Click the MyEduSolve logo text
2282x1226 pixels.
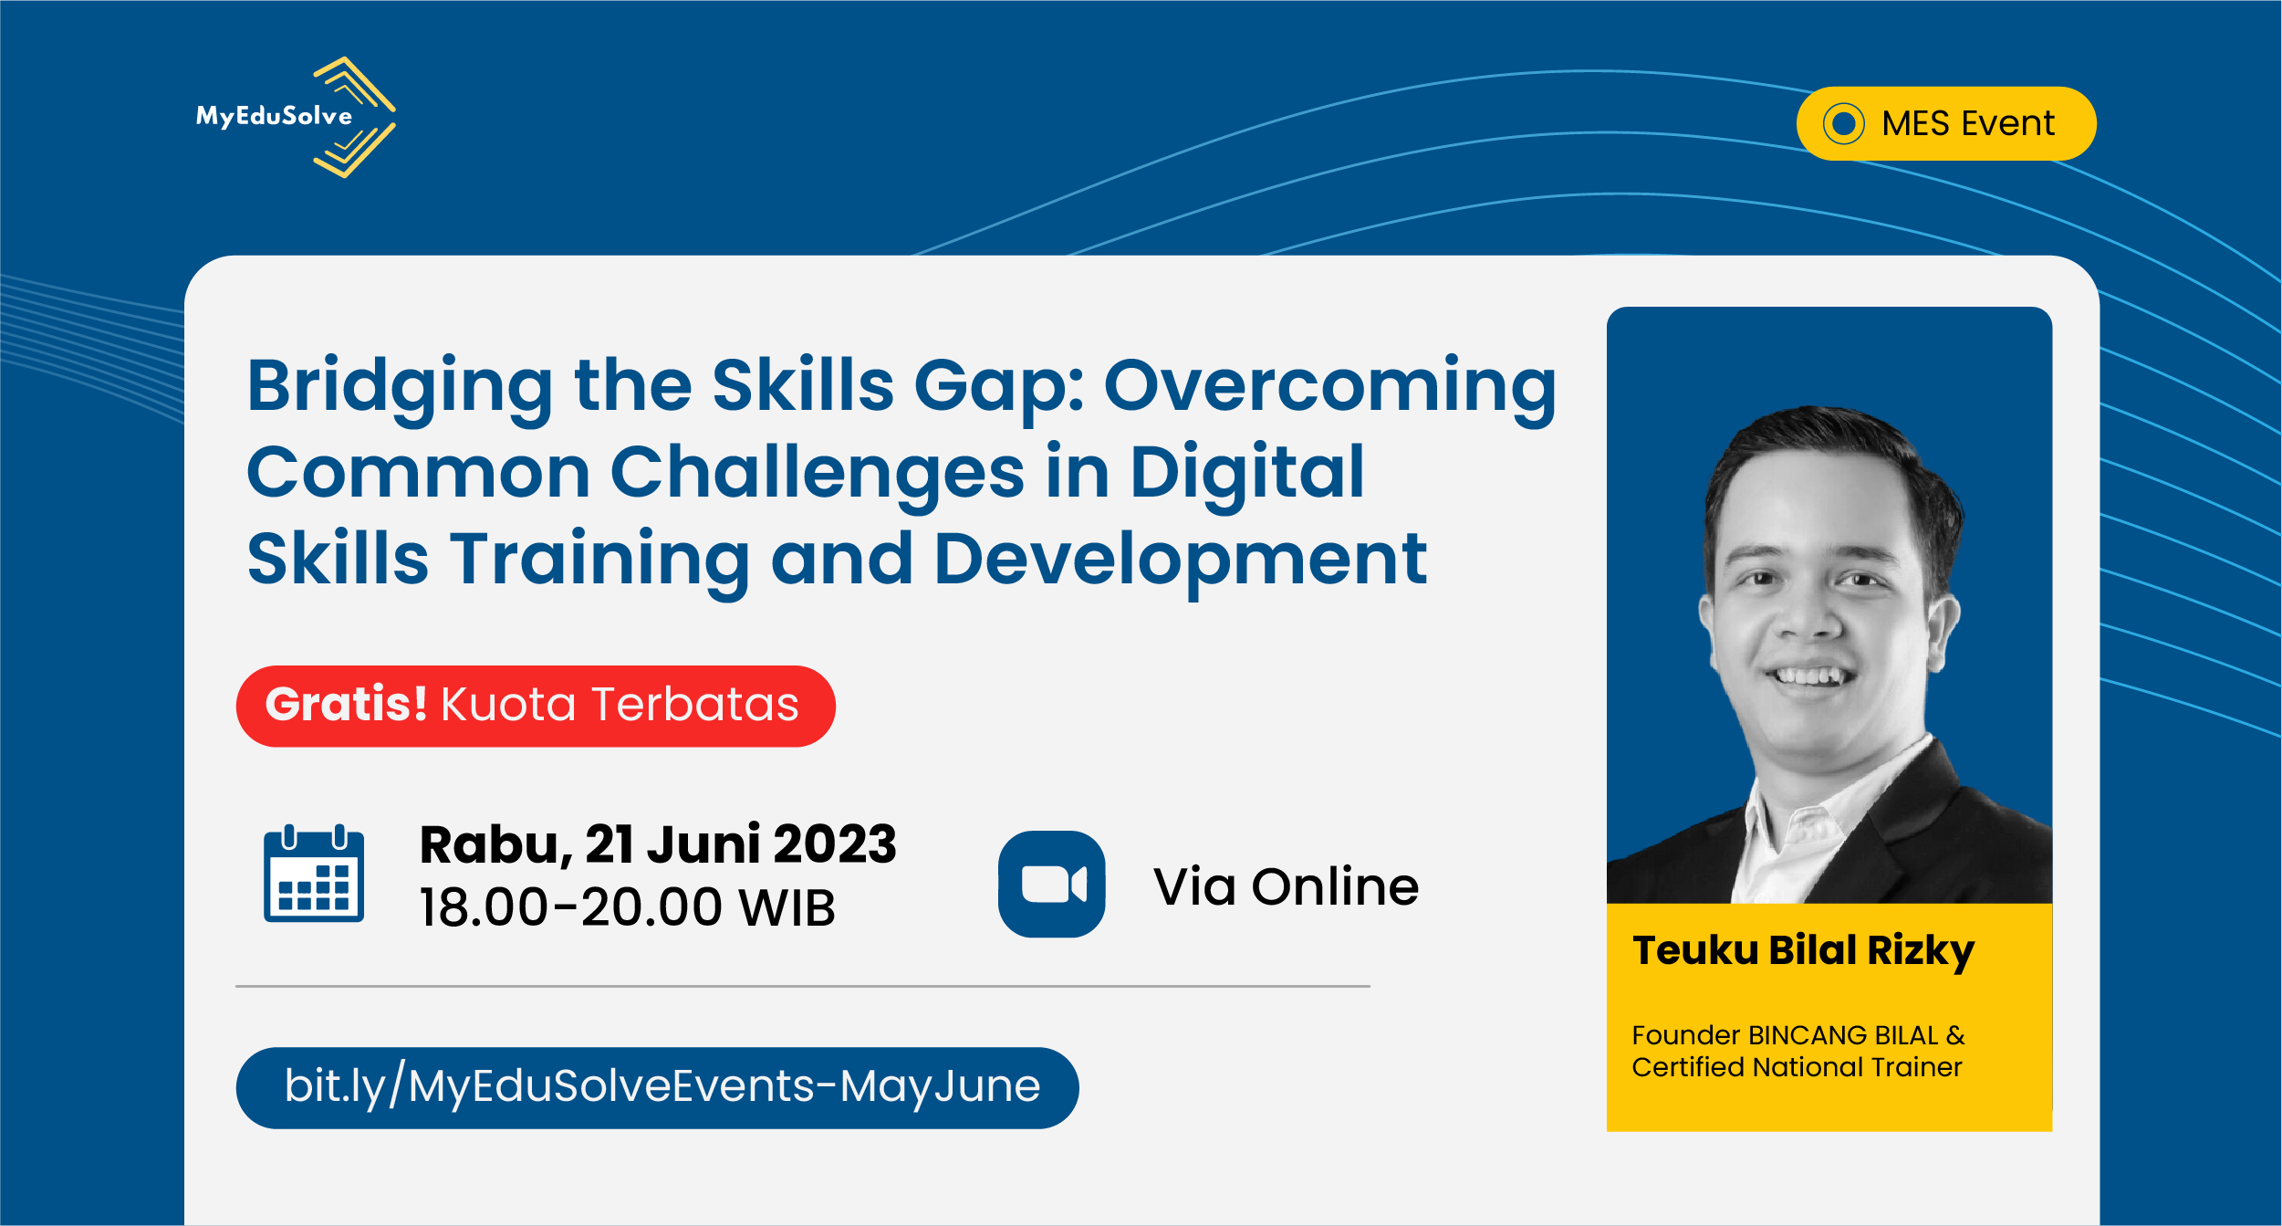pos(274,116)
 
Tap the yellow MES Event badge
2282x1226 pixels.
pos(1945,123)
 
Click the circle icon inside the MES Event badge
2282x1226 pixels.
pos(1843,123)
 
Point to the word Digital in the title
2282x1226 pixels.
pos(1246,474)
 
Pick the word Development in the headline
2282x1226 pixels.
pos(1180,559)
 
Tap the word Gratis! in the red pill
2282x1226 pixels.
pos(346,704)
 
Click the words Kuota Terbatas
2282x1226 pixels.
pos(620,705)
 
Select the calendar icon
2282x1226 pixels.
pos(314,874)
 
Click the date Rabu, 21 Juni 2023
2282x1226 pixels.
pos(658,844)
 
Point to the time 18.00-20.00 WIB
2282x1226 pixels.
pos(627,907)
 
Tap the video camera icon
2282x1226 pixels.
pos(1051,884)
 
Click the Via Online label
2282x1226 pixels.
pos(1286,886)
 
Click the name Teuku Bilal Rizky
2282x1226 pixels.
pos(1803,952)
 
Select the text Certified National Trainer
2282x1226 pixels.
pos(1797,1067)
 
